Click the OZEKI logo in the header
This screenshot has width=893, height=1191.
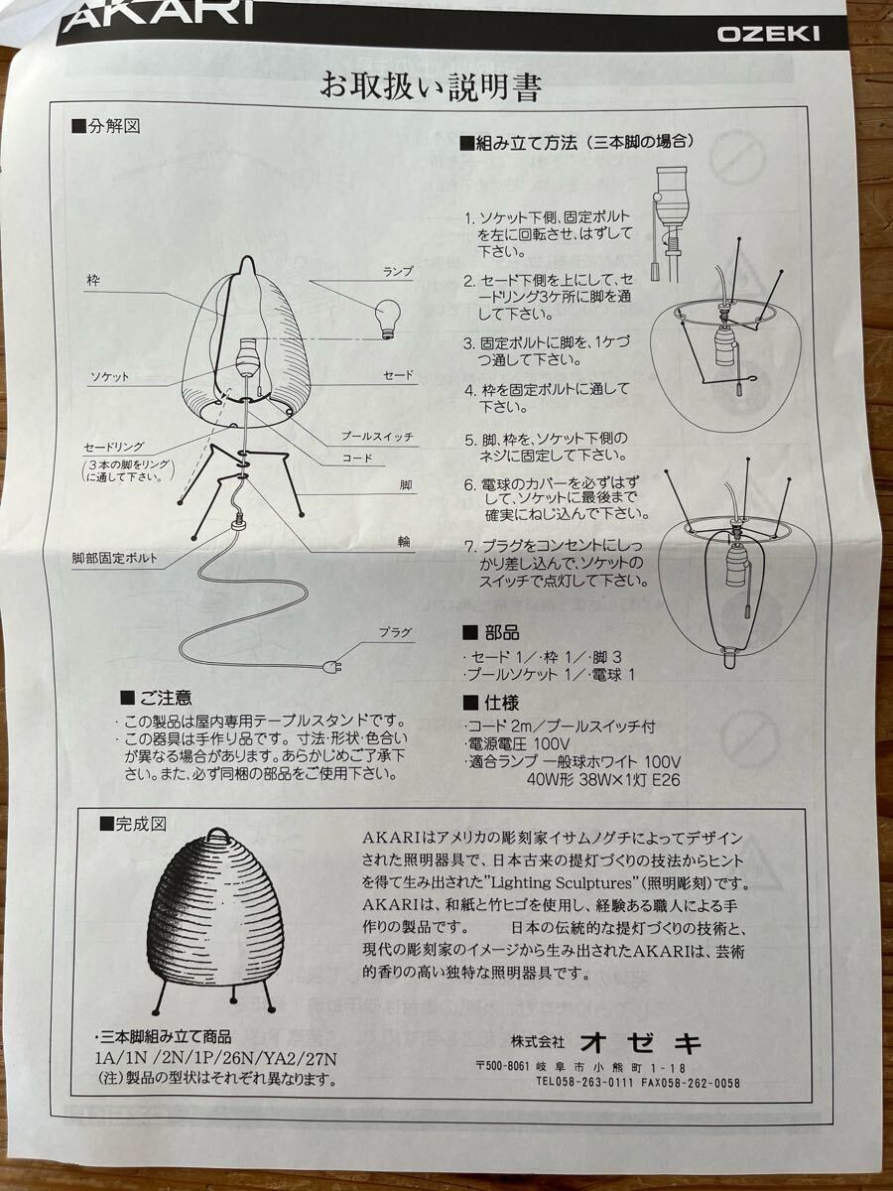pos(768,35)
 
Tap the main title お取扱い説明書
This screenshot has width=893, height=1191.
pos(431,85)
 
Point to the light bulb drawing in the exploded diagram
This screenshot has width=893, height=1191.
pos(388,319)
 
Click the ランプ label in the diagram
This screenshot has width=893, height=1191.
pos(398,272)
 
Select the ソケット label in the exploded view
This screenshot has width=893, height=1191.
pos(109,377)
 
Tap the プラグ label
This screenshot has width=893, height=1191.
pos(395,632)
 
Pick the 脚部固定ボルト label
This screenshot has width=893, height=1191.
pos(114,559)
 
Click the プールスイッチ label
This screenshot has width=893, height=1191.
pos(377,436)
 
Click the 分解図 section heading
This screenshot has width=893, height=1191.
pos(106,126)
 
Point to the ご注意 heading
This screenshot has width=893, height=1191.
pos(156,698)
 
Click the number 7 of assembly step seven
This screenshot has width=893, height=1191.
pos(469,547)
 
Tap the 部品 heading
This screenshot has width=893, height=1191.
pos(491,632)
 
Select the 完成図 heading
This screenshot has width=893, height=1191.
pos(133,824)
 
